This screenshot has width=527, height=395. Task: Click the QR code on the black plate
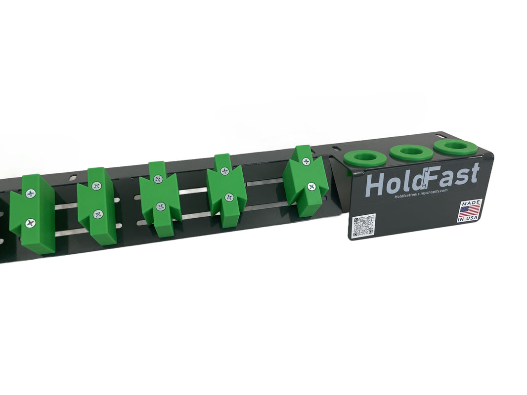pyautogui.click(x=364, y=226)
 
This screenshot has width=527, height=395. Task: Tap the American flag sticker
pyautogui.click(x=469, y=211)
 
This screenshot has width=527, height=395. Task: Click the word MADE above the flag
pyautogui.click(x=470, y=203)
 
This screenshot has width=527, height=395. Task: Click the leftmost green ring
pyautogui.click(x=365, y=158)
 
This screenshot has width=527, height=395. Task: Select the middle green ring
pyautogui.click(x=410, y=152)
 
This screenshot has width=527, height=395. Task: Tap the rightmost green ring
pyautogui.click(x=455, y=147)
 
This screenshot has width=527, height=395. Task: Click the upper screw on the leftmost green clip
pyautogui.click(x=31, y=194)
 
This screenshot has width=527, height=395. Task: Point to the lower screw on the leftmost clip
pyautogui.click(x=31, y=223)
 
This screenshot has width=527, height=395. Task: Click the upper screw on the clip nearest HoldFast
pyautogui.click(x=306, y=161)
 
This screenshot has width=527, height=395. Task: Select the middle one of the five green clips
pyautogui.click(x=159, y=197)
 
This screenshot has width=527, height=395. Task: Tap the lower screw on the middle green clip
pyautogui.click(x=160, y=206)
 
